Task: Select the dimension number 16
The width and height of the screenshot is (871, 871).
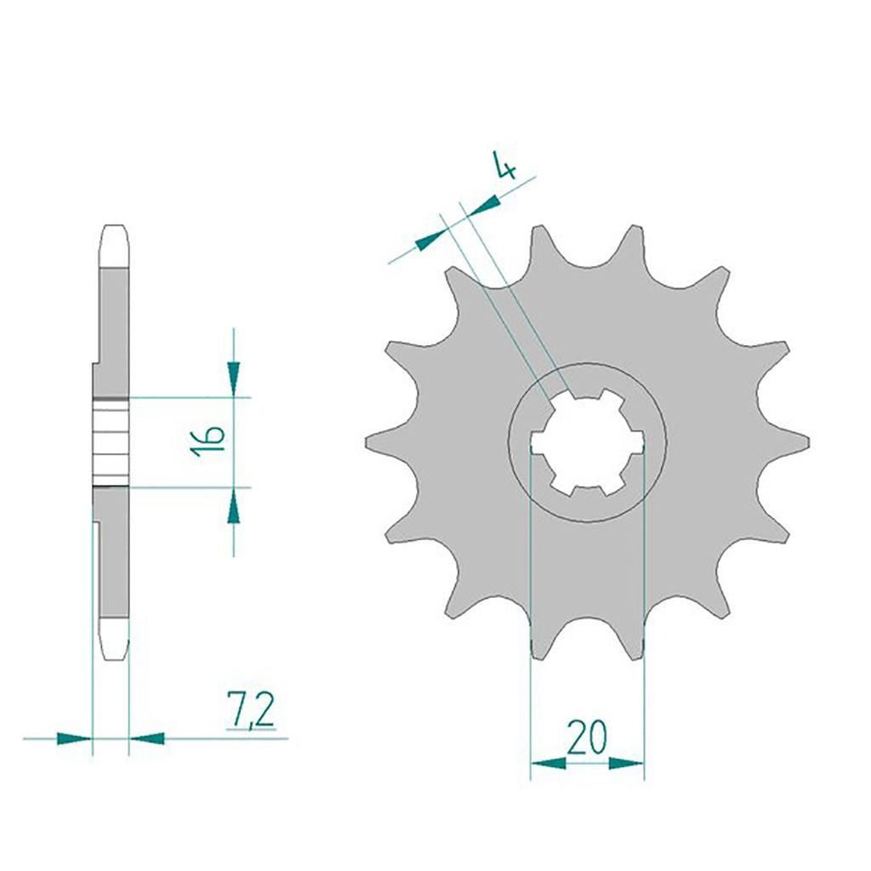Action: pyautogui.click(x=208, y=441)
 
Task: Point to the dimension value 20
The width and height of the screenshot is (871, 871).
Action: pyautogui.click(x=587, y=737)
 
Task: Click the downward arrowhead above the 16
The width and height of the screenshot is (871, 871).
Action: pyautogui.click(x=234, y=379)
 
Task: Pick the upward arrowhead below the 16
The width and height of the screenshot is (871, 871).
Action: pyautogui.click(x=234, y=505)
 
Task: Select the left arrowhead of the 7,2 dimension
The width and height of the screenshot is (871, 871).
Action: pyautogui.click(x=74, y=739)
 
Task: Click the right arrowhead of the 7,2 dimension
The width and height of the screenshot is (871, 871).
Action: pyautogui.click(x=146, y=739)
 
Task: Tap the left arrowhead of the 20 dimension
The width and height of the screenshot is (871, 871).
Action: pyautogui.click(x=549, y=763)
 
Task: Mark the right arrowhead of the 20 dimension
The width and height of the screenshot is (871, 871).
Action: pyautogui.click(x=626, y=763)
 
